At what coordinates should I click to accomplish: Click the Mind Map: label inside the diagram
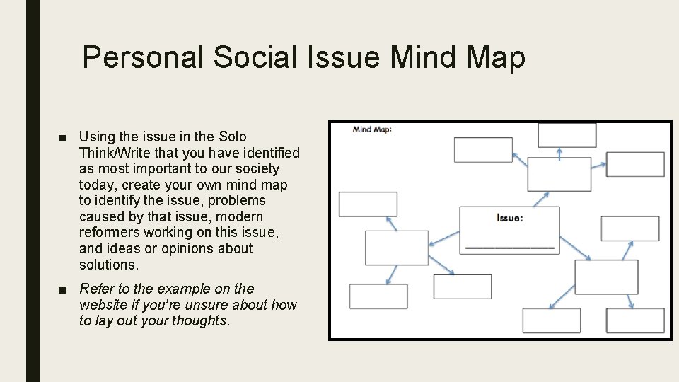372,129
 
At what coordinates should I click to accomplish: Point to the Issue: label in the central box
509,218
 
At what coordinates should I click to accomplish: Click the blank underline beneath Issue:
509,247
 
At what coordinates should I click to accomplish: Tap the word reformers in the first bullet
110,233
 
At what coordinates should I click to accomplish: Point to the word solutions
108,265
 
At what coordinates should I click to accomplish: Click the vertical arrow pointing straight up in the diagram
559,153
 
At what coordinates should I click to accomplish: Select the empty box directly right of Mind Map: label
483,149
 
